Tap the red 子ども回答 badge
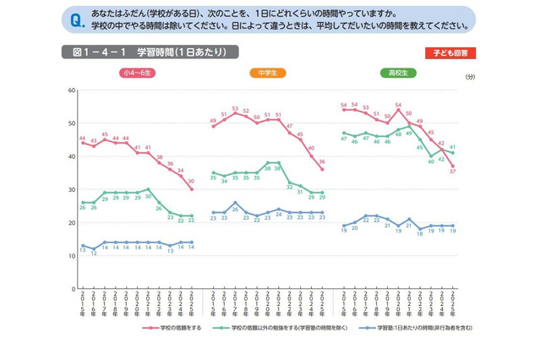(x=449, y=52)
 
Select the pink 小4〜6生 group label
(x=135, y=74)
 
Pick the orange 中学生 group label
(x=267, y=74)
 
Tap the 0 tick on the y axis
(x=71, y=288)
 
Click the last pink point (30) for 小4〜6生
(x=191, y=189)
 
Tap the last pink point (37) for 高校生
(x=452, y=166)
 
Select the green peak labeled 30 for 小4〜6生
(x=148, y=189)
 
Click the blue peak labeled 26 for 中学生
(x=234, y=203)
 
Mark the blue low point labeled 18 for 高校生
(x=420, y=229)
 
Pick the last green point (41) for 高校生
(x=452, y=153)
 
